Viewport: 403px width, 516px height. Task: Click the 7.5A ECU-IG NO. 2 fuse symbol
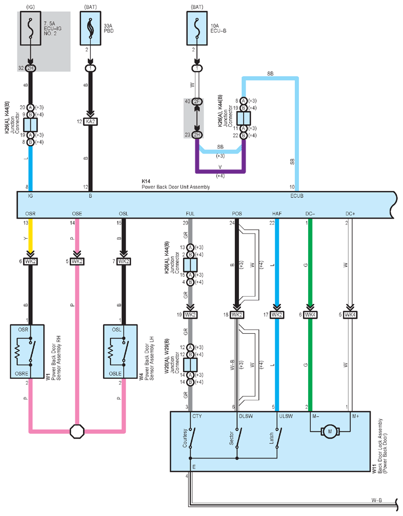tap(31, 28)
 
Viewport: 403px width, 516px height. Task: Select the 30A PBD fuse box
tap(90, 28)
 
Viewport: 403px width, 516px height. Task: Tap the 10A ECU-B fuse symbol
tap(197, 28)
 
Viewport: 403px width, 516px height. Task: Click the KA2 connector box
tap(90, 122)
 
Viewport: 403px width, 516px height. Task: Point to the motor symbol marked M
tap(330, 431)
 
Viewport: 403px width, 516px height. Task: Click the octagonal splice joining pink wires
tap(77, 431)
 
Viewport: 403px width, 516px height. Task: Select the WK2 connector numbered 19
tap(190, 315)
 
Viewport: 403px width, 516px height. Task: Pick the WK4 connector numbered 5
tap(350, 315)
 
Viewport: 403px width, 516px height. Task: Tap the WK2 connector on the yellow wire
tap(31, 262)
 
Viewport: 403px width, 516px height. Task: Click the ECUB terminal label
tap(297, 196)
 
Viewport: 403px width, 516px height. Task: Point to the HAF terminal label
tap(277, 214)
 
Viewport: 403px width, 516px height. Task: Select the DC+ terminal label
tap(350, 214)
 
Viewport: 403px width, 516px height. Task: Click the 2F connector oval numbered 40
tap(197, 101)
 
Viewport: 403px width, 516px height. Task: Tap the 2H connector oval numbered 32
tap(31, 68)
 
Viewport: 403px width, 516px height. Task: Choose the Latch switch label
tap(272, 438)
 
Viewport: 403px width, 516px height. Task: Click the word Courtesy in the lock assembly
tap(185, 438)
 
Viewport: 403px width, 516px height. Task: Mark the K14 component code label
tap(146, 181)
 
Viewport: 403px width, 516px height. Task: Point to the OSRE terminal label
tap(22, 373)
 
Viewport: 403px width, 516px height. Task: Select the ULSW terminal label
tap(286, 416)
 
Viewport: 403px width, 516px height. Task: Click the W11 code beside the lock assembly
tap(374, 469)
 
